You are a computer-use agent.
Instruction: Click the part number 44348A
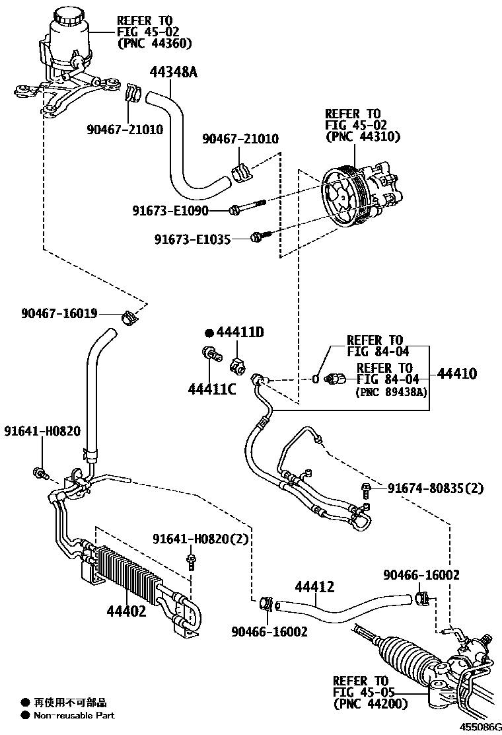(x=173, y=72)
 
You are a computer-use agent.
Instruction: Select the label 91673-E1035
(x=192, y=239)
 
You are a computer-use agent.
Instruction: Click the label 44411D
(x=239, y=332)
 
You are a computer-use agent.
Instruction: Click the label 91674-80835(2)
(x=435, y=489)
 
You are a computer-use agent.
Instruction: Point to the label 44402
(x=126, y=611)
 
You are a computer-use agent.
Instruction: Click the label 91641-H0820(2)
(x=201, y=539)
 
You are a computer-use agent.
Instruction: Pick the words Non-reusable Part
(x=74, y=715)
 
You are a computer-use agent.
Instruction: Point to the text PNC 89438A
(x=392, y=391)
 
